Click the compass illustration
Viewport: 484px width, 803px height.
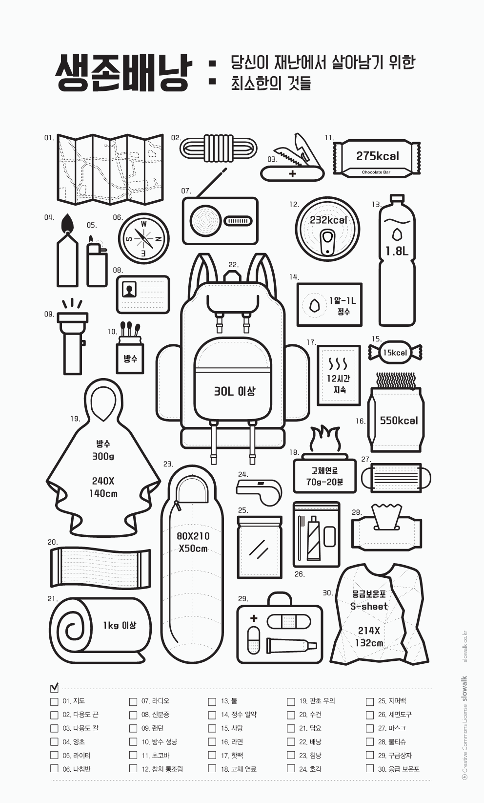point(144,238)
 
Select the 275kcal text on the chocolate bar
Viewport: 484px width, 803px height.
point(377,156)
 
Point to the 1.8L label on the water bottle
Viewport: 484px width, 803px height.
point(397,251)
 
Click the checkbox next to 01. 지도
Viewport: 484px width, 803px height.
point(54,701)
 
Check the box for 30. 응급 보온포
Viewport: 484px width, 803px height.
point(370,768)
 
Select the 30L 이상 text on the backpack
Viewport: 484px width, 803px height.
point(234,391)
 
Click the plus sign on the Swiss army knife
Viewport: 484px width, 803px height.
point(292,173)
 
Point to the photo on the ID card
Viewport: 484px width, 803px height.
point(129,289)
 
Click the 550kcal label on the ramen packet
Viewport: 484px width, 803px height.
point(399,421)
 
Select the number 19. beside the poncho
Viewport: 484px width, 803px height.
point(75,419)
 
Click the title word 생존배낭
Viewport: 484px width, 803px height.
point(122,73)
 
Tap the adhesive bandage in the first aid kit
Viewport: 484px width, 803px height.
point(289,621)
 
